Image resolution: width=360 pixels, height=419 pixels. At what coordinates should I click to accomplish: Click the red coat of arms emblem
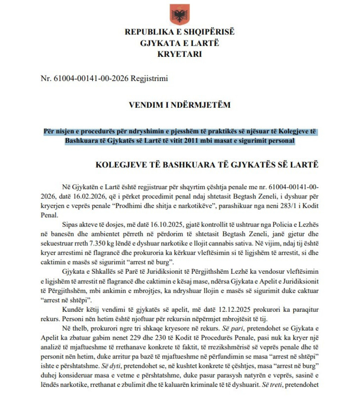coord(180,15)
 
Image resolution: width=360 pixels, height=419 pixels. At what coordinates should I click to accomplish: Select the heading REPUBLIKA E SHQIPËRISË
coord(180,32)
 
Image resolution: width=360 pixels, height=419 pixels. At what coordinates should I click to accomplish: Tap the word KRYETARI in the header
coord(180,54)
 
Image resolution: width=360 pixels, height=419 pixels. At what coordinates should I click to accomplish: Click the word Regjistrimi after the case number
coord(149,79)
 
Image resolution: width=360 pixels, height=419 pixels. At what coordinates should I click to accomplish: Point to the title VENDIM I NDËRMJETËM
coord(180,105)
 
